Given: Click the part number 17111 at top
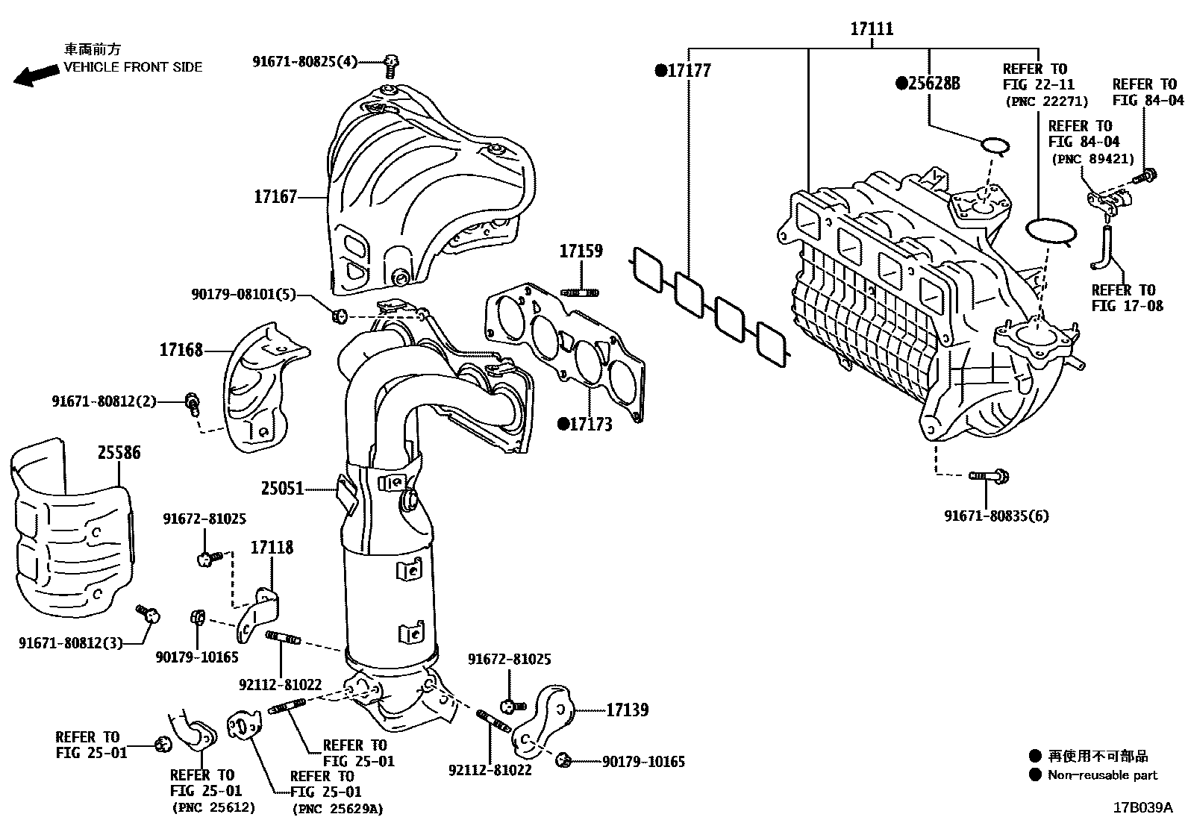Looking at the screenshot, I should click(x=871, y=29).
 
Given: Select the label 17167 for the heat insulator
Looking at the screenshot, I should click(x=275, y=197).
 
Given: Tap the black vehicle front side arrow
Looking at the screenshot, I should click(x=36, y=75).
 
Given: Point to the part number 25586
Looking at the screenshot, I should click(x=118, y=453).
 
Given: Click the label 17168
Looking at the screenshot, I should click(x=181, y=350).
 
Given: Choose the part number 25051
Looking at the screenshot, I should click(x=282, y=489).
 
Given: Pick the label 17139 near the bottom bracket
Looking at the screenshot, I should click(x=627, y=710).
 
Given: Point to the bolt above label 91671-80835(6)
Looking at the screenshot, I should click(x=989, y=475).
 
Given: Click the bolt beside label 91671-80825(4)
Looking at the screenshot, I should click(x=390, y=66).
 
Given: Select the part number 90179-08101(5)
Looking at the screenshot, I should click(x=243, y=295).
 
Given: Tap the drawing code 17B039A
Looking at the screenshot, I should click(x=1142, y=807).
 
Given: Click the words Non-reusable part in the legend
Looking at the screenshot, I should click(x=1101, y=775).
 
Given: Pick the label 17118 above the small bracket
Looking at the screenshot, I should click(x=272, y=548).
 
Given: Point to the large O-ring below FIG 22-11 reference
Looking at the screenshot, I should click(x=1051, y=231).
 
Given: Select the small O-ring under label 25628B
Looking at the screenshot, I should click(x=993, y=145).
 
